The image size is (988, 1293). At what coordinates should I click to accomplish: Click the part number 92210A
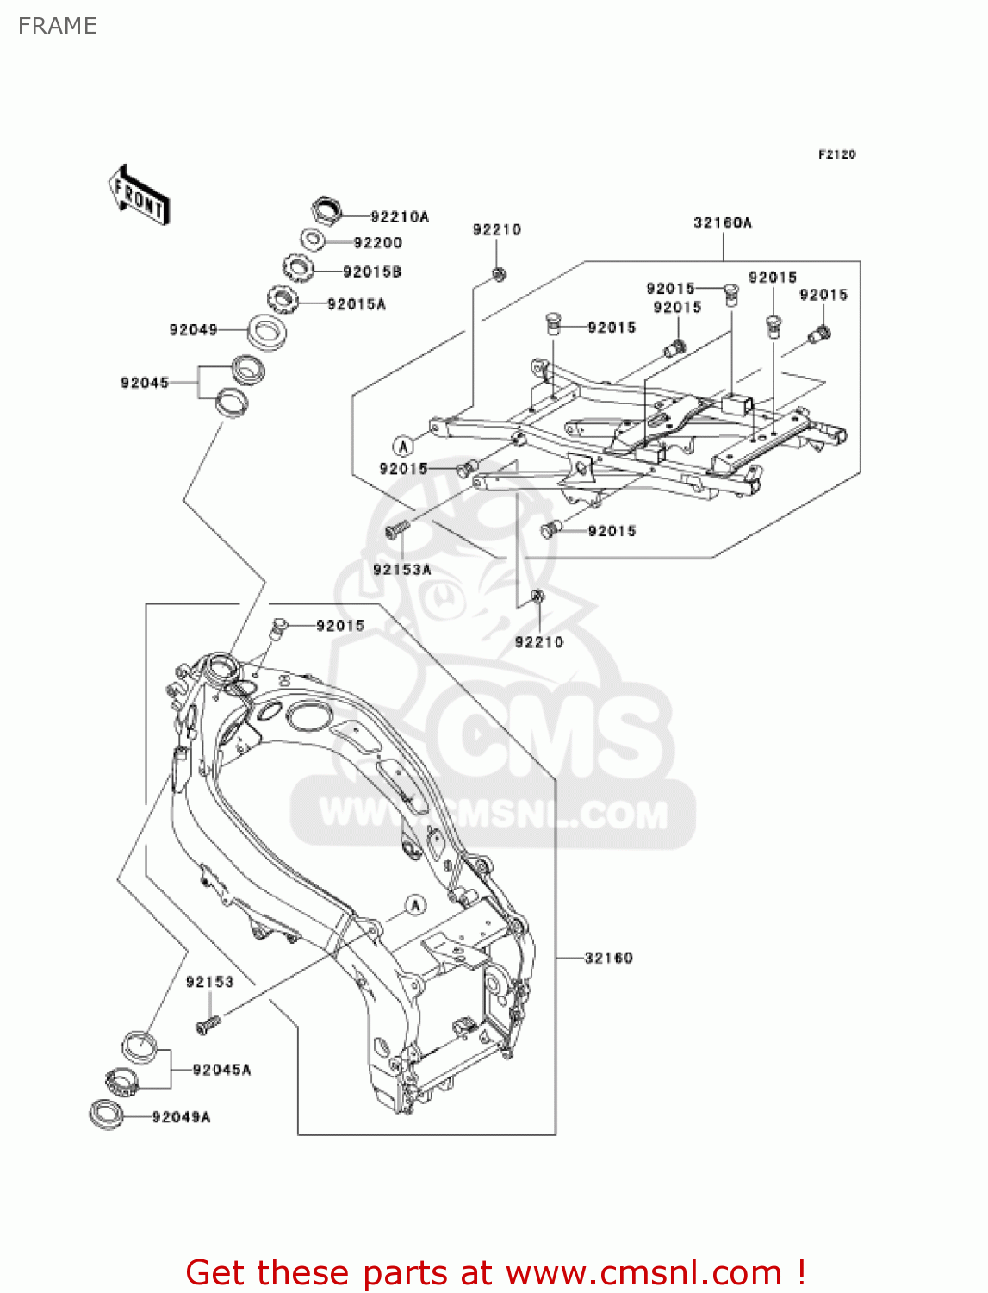(x=399, y=217)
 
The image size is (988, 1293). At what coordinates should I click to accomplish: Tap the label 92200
(x=377, y=243)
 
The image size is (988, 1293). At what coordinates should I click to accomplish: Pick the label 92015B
(x=372, y=272)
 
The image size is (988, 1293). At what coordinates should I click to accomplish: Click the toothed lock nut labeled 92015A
(x=283, y=300)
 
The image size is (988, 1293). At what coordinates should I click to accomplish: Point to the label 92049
(x=193, y=329)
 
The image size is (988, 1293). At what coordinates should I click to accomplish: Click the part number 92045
(x=145, y=383)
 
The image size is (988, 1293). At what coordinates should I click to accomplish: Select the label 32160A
(x=723, y=222)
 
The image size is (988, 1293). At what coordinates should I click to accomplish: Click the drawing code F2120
(x=836, y=154)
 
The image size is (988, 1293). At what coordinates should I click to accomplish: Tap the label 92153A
(x=402, y=570)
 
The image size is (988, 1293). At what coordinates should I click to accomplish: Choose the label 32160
(x=608, y=958)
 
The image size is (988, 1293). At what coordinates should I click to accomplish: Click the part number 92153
(x=209, y=982)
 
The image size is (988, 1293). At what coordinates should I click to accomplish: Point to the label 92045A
(x=221, y=1070)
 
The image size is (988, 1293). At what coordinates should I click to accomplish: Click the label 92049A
(x=181, y=1117)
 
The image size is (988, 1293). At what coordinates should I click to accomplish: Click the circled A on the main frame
(x=416, y=905)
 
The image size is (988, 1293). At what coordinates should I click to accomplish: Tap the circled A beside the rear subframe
(x=403, y=446)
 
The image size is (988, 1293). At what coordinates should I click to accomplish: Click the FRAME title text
(x=58, y=26)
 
